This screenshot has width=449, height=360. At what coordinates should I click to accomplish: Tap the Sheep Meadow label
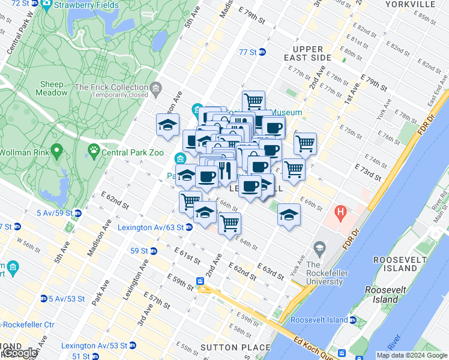[52, 89]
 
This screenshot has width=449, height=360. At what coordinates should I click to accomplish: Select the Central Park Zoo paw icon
[94, 149]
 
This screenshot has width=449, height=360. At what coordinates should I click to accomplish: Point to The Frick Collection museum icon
[156, 88]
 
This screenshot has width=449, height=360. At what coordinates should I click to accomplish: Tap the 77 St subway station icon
[262, 52]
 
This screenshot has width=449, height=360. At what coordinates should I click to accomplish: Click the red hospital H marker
[341, 212]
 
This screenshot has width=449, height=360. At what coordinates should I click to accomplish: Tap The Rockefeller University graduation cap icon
[319, 247]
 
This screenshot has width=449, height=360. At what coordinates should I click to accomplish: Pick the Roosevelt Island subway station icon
[353, 320]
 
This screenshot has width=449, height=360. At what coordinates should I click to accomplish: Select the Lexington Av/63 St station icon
[188, 227]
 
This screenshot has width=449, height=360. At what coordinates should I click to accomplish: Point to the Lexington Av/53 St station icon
[133, 346]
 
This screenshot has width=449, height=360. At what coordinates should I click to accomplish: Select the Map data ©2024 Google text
[411, 355]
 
